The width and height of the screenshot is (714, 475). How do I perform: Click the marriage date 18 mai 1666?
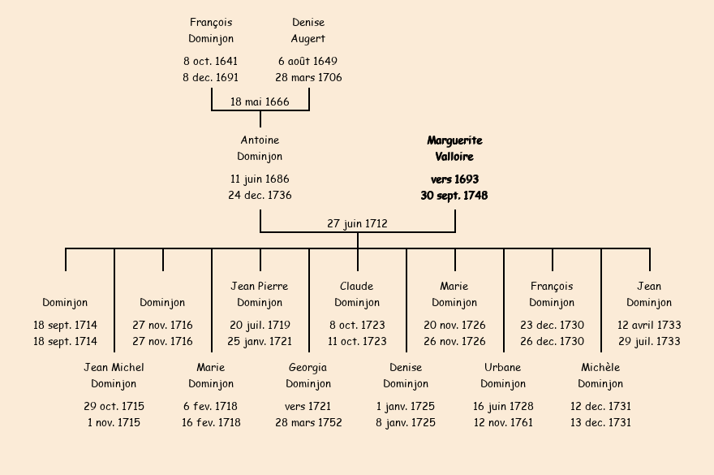click(x=260, y=101)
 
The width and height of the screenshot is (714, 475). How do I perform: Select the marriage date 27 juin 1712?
click(x=357, y=223)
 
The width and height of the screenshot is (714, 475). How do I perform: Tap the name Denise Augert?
click(x=308, y=31)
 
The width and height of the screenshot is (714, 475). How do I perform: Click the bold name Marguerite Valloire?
click(x=454, y=149)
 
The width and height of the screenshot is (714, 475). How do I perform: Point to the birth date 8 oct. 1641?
click(x=211, y=62)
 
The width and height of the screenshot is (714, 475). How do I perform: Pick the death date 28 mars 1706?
click(x=308, y=78)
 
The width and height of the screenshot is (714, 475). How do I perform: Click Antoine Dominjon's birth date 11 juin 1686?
click(x=260, y=179)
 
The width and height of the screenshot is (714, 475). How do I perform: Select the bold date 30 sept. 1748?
click(x=454, y=196)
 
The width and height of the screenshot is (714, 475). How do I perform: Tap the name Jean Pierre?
click(x=260, y=287)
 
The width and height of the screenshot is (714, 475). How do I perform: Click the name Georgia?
click(x=308, y=368)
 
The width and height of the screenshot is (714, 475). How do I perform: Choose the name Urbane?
click(x=503, y=368)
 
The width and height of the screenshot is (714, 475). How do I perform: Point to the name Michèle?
click(x=600, y=368)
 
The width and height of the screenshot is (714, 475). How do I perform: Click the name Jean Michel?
click(x=114, y=368)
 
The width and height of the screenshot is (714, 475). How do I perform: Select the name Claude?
click(x=357, y=287)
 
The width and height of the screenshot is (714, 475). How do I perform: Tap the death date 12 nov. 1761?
click(x=503, y=422)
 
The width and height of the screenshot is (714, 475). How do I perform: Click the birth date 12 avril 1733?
click(x=649, y=326)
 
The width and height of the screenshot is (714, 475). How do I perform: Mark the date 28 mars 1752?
click(x=308, y=422)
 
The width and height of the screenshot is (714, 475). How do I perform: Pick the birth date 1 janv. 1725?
click(x=406, y=406)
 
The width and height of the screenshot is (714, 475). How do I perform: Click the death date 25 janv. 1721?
click(x=260, y=342)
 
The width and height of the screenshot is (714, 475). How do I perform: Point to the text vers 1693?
click(x=454, y=179)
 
